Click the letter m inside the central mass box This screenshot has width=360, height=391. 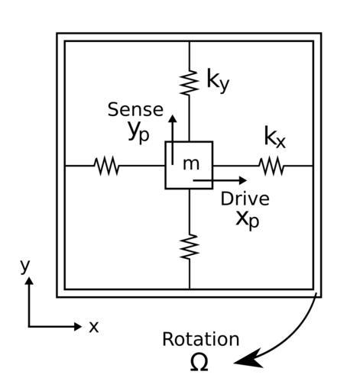point(191,164)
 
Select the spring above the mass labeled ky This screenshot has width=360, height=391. point(190,82)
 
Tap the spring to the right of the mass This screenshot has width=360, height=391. point(271,166)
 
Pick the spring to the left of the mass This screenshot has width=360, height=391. point(107,166)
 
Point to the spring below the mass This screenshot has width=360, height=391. point(190,247)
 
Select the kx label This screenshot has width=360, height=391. point(275,137)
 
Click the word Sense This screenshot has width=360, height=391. point(135,110)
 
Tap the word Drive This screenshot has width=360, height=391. point(245,199)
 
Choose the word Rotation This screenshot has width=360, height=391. point(201,339)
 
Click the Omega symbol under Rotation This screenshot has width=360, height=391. point(199,363)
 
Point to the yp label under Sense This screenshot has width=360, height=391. point(138,132)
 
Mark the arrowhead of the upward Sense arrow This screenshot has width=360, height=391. point(173,118)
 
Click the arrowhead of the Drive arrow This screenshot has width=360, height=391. point(243,180)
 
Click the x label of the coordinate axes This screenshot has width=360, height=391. point(94,327)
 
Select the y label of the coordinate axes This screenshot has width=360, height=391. point(25,267)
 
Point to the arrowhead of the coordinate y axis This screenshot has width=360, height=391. point(29,280)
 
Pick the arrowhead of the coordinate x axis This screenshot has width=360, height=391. point(78,326)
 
